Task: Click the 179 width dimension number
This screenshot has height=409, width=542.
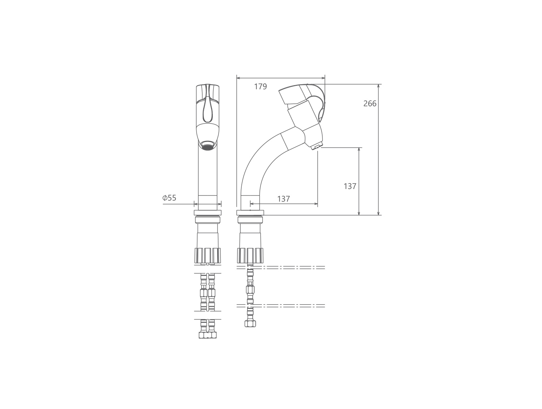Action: click(261, 87)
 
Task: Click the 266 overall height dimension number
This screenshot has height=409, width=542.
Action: click(370, 104)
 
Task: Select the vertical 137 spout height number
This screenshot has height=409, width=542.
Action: click(350, 186)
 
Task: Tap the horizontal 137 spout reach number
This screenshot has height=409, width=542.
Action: click(284, 199)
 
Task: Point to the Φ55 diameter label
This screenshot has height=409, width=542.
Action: click(169, 198)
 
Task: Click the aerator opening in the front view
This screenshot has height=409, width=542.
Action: click(208, 145)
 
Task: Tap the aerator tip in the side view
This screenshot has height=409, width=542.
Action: click(317, 147)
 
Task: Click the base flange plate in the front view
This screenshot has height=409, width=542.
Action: click(208, 212)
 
